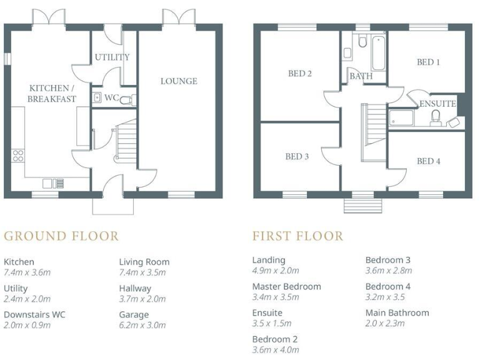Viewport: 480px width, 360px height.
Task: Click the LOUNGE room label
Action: pyautogui.click(x=179, y=81)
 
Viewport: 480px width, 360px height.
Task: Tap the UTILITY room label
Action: pyautogui.click(x=112, y=57)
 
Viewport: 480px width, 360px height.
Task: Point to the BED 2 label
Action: pyautogui.click(x=300, y=74)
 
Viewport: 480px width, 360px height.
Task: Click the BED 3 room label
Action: pyautogui.click(x=297, y=157)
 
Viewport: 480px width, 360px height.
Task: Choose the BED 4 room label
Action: pyautogui.click(x=429, y=161)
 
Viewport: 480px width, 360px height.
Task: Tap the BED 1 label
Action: pyautogui.click(x=429, y=62)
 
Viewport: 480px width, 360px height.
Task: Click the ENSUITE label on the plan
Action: pyautogui.click(x=437, y=104)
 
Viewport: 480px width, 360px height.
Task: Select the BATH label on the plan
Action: pyautogui.click(x=361, y=76)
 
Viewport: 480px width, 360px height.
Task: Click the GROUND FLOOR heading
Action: pyautogui.click(x=61, y=236)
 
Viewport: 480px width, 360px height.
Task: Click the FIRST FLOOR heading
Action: pyautogui.click(x=297, y=236)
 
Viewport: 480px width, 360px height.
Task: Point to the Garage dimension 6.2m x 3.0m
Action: pyautogui.click(x=142, y=325)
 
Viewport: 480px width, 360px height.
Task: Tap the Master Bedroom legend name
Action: pyautogui.click(x=286, y=286)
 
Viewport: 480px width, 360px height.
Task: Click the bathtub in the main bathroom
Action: pyautogui.click(x=378, y=53)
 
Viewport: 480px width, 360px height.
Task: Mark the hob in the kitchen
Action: pyautogui.click(x=18, y=156)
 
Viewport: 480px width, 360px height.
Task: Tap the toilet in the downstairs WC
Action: pyautogui.click(x=124, y=99)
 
